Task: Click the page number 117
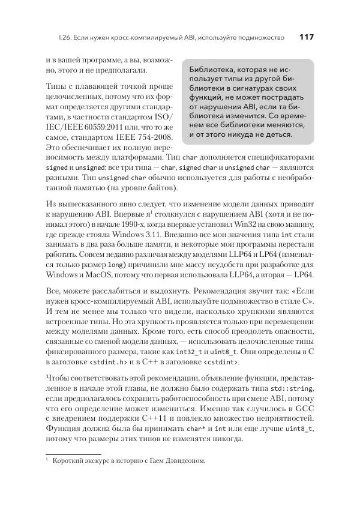click(x=306, y=37)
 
